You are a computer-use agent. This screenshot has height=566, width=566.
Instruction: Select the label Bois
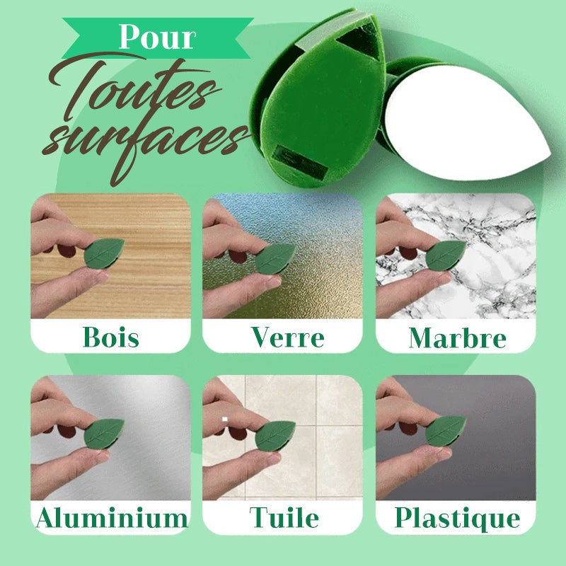[x=111, y=337]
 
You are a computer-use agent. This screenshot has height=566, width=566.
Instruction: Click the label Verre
[x=287, y=337]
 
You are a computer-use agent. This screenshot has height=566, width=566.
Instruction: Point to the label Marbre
[x=457, y=337]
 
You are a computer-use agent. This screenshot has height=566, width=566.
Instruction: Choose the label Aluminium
[x=112, y=518]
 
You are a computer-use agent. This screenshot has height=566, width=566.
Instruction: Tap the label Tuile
[x=284, y=518]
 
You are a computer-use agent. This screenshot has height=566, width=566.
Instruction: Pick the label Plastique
[x=457, y=518]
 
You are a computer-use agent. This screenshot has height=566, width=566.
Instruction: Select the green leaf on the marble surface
[x=446, y=255]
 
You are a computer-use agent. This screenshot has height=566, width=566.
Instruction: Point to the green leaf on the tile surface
[x=275, y=436]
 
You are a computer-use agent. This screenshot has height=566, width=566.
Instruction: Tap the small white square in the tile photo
[x=224, y=420]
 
